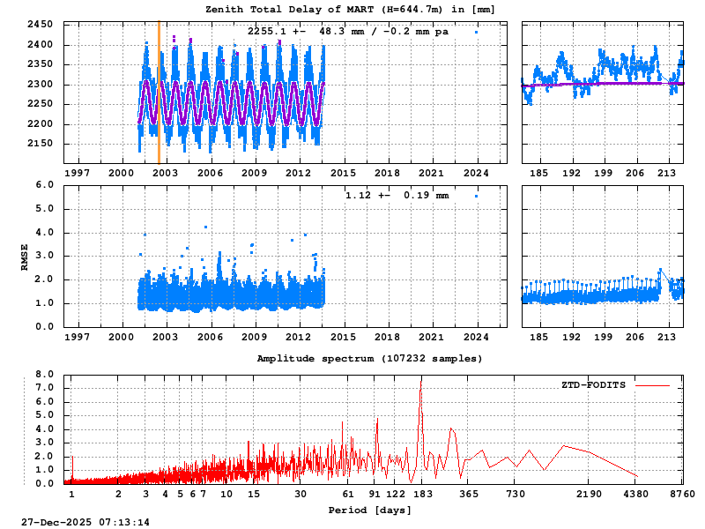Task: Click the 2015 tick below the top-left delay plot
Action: pos(344,174)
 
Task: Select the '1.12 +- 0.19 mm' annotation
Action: pos(397,195)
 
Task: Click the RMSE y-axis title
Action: pos(26,256)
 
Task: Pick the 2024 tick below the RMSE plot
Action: pos(477,337)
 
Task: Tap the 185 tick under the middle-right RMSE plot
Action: pos(539,337)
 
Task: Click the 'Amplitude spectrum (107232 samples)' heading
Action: pos(369,359)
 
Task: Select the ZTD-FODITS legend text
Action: pos(593,385)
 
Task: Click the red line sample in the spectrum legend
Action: pos(651,385)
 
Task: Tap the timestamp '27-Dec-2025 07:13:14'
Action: pos(85,522)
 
